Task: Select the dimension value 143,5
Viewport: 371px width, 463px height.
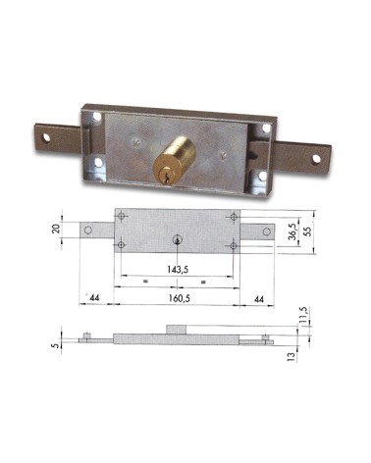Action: [x=177, y=267]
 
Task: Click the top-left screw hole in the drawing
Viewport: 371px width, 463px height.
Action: [x=121, y=216]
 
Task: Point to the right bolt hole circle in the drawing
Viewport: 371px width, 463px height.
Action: [x=265, y=231]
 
